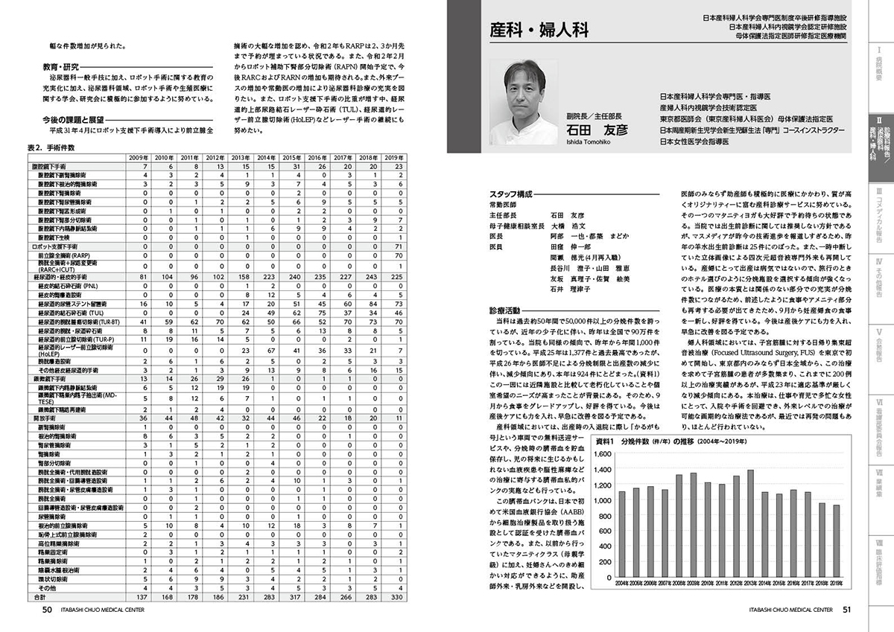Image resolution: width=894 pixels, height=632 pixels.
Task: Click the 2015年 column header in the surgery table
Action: click(291, 159)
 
